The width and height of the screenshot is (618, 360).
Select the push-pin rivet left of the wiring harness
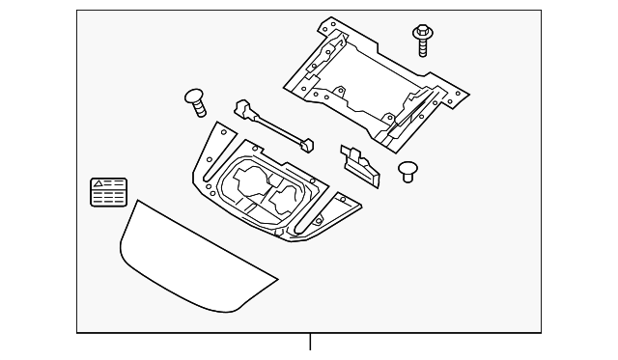tap(195, 98)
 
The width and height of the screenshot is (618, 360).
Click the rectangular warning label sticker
tap(108, 192)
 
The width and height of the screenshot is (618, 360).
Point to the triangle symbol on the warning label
tap(98, 183)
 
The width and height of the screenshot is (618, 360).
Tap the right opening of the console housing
tap(288, 201)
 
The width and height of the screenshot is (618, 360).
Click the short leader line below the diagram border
tap(310, 343)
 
